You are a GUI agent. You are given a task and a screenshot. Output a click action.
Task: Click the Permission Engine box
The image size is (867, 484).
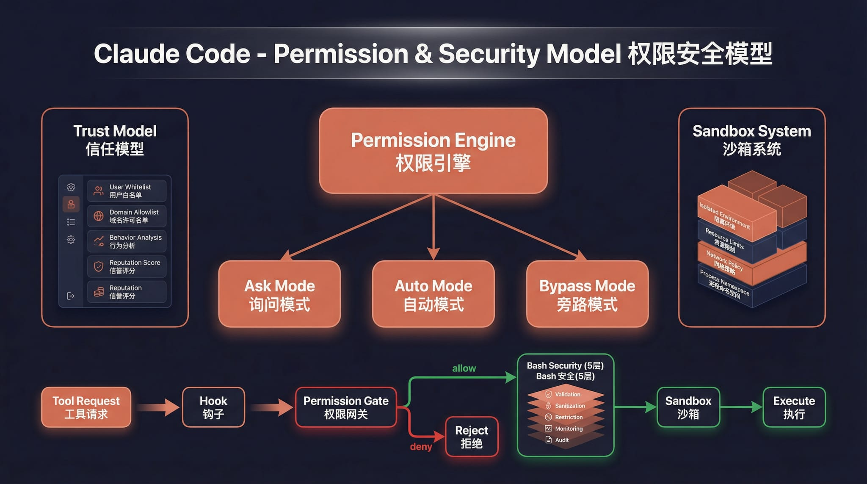click(433, 151)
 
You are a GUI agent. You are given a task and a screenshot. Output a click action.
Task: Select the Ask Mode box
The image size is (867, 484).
click(279, 294)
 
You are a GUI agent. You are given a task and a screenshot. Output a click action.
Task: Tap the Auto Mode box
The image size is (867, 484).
click(433, 294)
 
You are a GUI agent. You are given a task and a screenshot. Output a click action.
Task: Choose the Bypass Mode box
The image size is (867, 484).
click(587, 294)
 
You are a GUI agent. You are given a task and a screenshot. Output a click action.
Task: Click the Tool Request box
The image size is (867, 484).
click(86, 407)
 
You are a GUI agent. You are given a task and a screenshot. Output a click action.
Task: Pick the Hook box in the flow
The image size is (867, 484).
click(213, 407)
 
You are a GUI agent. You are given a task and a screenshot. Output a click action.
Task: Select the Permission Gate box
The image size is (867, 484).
click(346, 407)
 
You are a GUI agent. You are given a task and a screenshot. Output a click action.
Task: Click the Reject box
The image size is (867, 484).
click(472, 437)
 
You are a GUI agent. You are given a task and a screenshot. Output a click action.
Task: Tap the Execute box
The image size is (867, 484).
click(794, 407)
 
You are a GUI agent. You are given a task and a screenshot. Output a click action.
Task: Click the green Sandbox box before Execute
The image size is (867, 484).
click(688, 407)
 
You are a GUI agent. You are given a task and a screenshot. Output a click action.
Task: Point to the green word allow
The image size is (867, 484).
click(464, 368)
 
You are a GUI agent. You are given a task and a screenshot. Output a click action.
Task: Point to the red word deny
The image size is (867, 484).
click(421, 447)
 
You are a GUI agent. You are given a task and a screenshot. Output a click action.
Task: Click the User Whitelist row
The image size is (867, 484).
click(127, 191)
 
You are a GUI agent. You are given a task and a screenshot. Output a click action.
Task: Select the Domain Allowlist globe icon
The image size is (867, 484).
click(99, 216)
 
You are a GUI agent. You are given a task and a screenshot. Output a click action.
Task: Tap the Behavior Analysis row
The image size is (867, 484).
click(127, 241)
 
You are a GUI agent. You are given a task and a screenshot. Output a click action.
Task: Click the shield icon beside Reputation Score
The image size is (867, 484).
click(99, 266)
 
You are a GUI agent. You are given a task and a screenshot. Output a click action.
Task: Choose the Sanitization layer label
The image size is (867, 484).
click(570, 406)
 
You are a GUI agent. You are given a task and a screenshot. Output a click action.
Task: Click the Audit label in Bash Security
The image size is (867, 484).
click(562, 440)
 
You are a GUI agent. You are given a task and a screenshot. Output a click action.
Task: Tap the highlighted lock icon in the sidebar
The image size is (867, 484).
click(71, 204)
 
